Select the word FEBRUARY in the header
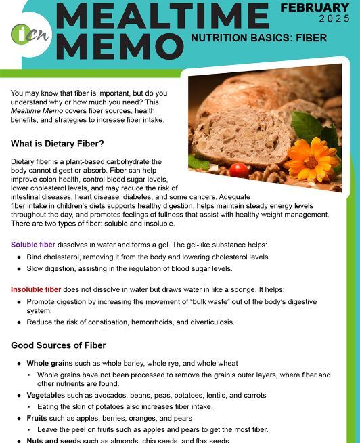[x=315, y=8]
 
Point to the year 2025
[x=334, y=19]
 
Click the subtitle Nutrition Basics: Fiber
[x=258, y=38]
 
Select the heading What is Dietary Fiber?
[x=58, y=144]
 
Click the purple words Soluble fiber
[x=33, y=245]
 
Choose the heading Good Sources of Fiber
[x=58, y=345]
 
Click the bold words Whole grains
[x=49, y=364]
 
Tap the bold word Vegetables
[x=46, y=396]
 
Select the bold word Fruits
[x=37, y=419]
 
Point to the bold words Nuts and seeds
[x=53, y=440]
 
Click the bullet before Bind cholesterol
[x=19, y=257]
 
